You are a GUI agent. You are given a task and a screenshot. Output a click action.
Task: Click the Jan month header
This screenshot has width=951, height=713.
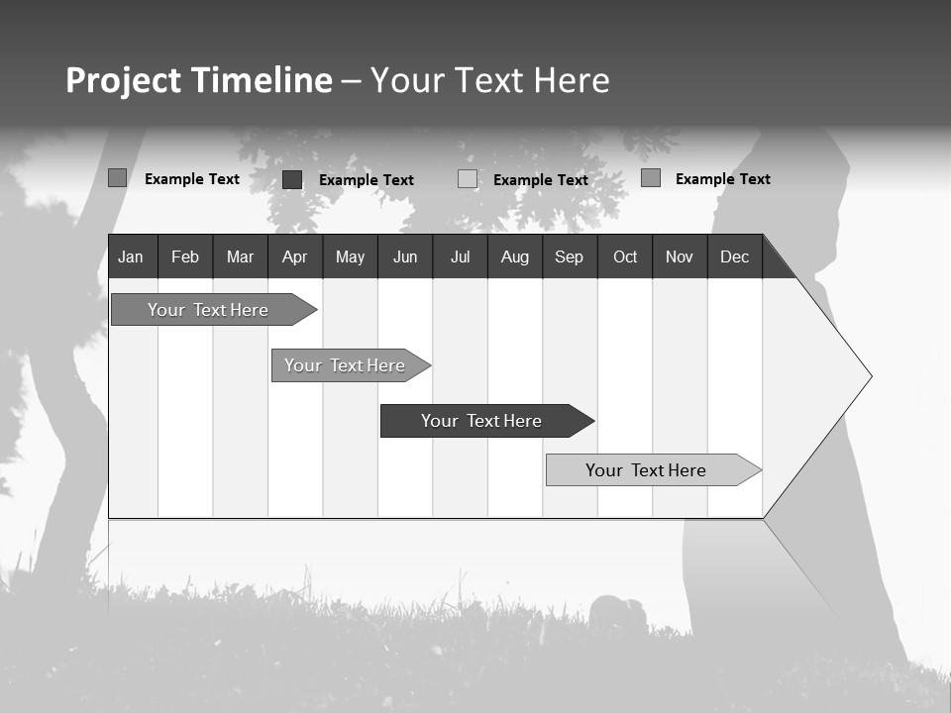(x=132, y=256)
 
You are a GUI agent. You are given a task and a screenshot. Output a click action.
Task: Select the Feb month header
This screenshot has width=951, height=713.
(x=185, y=256)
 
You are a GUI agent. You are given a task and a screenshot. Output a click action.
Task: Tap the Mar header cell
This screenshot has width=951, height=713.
(x=240, y=256)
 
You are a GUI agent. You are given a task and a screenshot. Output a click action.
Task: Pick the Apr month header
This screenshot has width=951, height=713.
(x=294, y=256)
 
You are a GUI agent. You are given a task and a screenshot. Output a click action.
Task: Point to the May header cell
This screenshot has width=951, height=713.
(x=350, y=256)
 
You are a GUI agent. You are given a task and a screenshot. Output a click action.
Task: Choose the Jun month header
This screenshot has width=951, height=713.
(x=405, y=256)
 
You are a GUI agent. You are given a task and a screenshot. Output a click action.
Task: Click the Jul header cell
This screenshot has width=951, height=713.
(x=460, y=256)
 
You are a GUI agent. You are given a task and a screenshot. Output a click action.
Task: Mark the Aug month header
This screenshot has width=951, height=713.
(x=514, y=256)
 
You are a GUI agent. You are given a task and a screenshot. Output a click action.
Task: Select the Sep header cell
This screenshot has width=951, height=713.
(x=569, y=256)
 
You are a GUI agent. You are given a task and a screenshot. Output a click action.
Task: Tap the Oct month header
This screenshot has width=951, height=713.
(x=625, y=256)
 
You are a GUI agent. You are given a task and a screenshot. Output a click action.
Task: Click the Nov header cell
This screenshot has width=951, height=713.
(x=680, y=256)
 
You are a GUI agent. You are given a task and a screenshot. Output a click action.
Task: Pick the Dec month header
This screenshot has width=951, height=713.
(x=734, y=256)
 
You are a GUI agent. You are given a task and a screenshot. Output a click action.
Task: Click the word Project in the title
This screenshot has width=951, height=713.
(x=123, y=80)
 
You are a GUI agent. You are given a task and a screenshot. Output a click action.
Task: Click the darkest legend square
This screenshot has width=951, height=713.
(x=292, y=179)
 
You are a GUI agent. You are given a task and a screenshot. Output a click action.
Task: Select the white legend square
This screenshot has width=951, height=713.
(x=468, y=179)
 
